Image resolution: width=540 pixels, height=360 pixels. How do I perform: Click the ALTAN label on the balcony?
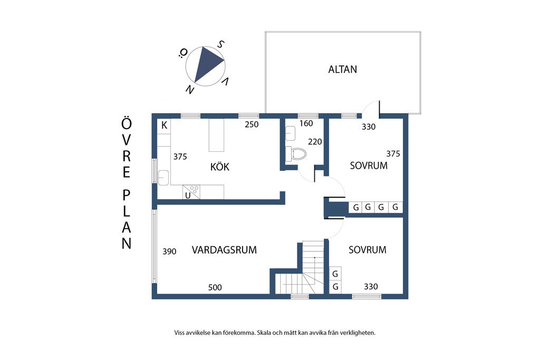342,69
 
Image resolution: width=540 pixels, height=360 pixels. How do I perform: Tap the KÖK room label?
220,167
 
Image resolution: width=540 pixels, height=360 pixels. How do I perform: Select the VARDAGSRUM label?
224,250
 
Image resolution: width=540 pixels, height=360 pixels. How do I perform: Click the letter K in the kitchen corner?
165,125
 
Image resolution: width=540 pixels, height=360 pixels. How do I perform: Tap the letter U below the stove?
188,196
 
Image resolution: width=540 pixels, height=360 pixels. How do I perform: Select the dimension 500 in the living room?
215,287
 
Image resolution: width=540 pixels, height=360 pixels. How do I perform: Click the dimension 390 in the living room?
169,251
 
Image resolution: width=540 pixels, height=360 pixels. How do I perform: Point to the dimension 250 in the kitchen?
252,124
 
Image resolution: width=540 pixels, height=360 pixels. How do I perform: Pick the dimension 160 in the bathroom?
306,123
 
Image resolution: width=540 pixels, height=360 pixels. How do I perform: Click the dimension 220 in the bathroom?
315,141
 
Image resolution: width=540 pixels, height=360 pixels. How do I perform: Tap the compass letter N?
190,90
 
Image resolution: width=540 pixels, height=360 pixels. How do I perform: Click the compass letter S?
220,44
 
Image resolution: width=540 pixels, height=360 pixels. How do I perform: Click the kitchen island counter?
216,135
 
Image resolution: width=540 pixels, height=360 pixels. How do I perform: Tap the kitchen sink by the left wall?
163,178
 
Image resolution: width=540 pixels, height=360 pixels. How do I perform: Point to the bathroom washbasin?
290,133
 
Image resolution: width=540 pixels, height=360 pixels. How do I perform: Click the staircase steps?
303,272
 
